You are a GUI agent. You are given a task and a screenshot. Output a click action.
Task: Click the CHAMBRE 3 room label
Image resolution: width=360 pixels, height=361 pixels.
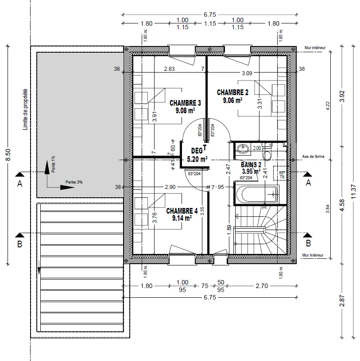point(185,103)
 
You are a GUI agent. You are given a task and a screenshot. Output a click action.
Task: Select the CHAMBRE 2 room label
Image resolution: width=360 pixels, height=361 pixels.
point(232,92)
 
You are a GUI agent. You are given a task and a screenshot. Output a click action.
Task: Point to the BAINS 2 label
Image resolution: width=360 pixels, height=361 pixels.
point(251,164)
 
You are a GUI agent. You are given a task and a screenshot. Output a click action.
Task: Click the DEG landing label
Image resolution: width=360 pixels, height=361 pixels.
point(196,151)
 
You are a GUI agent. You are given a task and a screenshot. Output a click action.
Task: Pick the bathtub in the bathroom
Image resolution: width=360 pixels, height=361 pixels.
point(256,194)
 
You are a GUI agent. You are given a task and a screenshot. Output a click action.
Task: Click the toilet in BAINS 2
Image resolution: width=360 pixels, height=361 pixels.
point(267,153)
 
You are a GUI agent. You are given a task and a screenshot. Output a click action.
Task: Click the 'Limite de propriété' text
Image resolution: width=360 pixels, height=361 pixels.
point(25,110)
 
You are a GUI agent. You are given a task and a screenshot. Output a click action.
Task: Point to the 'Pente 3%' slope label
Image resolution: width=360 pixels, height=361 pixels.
point(74,182)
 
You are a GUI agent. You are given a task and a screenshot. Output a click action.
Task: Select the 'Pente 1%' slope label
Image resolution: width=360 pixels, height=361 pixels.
point(53,164)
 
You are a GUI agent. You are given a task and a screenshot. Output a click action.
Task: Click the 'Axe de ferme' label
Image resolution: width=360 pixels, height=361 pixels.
point(313,157)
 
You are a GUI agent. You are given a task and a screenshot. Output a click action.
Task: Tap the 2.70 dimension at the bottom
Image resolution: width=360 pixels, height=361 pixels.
point(262,286)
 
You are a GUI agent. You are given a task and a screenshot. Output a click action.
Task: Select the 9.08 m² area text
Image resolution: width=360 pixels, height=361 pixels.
point(185,111)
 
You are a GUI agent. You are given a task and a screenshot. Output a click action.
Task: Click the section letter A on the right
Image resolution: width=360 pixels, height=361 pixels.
point(309,182)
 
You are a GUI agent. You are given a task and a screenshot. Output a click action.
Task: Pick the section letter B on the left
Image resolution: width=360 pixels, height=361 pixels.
point(19,243)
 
